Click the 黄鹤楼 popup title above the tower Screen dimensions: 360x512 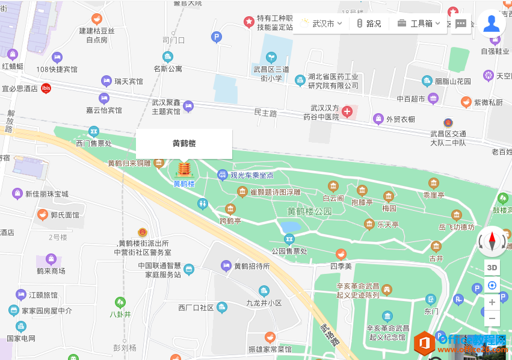pyautogui.click(x=184, y=143)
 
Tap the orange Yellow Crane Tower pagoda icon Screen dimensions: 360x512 pyautogui.click(x=184, y=168)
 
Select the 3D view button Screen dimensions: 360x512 pyautogui.click(x=492, y=267)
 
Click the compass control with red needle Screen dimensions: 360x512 pyautogui.click(x=492, y=242)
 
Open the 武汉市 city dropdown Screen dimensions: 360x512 pyautogui.click(x=322, y=23)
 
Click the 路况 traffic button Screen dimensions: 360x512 pyautogui.click(x=368, y=23)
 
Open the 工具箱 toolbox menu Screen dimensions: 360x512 pyautogui.click(x=419, y=23)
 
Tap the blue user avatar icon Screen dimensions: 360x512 pyautogui.click(x=492, y=23)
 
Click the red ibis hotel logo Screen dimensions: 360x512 pyautogui.click(x=46, y=88)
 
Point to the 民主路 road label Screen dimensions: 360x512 pyautogui.click(x=265, y=113)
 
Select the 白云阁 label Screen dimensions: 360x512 pyautogui.click(x=333, y=198)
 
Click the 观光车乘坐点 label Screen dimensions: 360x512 pyautogui.click(x=251, y=175)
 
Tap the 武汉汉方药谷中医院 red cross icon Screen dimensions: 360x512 pyautogui.click(x=347, y=111)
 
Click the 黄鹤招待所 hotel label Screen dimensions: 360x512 pyautogui.click(x=251, y=265)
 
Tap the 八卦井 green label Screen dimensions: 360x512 pyautogui.click(x=120, y=314)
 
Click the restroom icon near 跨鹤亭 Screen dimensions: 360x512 pyautogui.click(x=203, y=204)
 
